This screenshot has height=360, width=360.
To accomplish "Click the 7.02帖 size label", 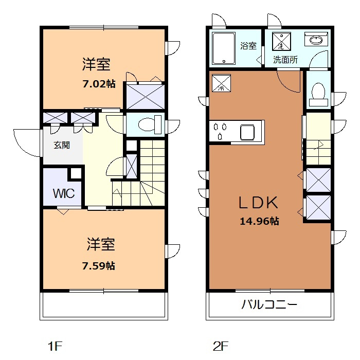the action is (99, 84).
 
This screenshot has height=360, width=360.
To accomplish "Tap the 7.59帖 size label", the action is (99, 266).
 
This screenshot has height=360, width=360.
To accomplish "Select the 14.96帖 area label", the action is (259, 221).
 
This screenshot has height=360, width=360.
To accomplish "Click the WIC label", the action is (64, 193).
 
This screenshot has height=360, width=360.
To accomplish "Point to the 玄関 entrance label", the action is (62, 145).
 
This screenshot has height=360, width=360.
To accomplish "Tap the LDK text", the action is (258, 203).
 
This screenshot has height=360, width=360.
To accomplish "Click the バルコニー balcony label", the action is (269, 304).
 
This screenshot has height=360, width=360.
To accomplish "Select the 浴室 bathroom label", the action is (248, 46).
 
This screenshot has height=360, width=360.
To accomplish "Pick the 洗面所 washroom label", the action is (285, 60).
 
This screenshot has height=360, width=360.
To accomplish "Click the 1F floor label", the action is (55, 346).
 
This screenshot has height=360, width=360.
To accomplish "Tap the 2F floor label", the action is (221, 346).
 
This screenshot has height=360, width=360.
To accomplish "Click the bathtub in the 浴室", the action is (224, 48).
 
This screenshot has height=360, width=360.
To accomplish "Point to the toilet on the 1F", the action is (150, 124).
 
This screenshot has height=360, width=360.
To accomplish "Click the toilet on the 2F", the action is (318, 95).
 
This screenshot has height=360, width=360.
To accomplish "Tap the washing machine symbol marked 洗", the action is (281, 41).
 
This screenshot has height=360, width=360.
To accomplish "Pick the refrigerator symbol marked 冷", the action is (221, 83).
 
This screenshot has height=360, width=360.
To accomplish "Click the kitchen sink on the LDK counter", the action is (247, 132).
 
